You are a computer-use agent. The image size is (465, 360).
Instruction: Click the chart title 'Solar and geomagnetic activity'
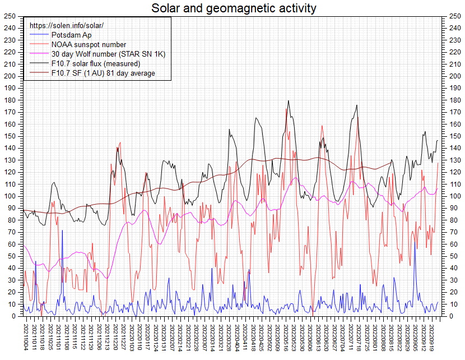tap(233, 8)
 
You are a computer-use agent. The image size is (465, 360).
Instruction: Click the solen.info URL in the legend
tap(67, 26)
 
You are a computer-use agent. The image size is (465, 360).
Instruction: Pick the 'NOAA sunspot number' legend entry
tap(89, 44)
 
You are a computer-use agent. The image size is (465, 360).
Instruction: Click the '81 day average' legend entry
tap(103, 73)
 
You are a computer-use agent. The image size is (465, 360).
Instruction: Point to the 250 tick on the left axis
tap(10, 16)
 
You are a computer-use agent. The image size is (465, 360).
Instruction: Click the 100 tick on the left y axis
tap(10, 196)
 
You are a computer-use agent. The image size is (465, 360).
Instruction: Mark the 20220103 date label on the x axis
tap(132, 335)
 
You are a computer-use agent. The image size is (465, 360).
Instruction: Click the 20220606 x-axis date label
tap(311, 335)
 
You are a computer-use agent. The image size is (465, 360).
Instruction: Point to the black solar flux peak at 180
tap(288, 101)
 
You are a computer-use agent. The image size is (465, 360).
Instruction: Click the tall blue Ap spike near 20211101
tap(62, 231)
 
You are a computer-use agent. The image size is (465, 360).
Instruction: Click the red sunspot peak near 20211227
tap(119, 143)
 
